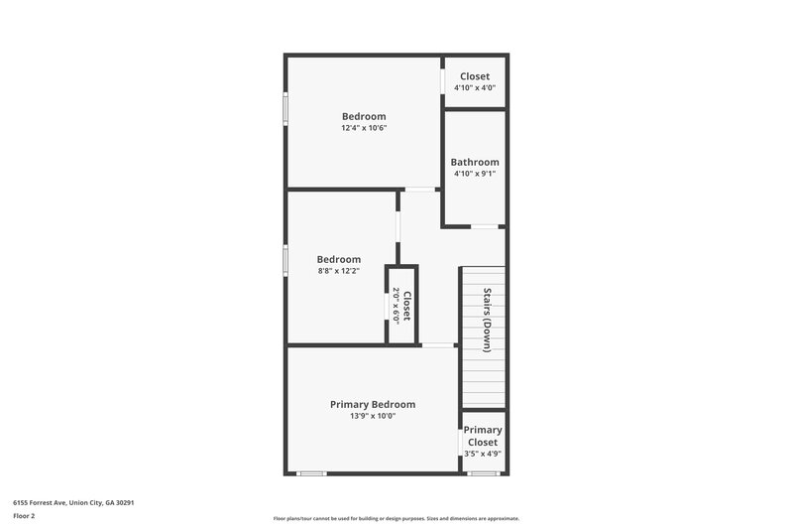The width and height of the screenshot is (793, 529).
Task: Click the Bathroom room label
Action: (475, 162)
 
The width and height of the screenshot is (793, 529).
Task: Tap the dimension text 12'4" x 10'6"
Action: (364, 127)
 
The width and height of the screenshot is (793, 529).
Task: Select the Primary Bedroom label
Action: (373, 404)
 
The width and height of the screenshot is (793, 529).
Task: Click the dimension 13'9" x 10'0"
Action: (373, 416)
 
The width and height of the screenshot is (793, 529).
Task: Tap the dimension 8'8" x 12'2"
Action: (338, 270)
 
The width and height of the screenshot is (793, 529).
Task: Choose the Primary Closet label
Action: (483, 436)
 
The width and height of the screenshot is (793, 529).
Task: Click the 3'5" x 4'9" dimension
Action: (483, 454)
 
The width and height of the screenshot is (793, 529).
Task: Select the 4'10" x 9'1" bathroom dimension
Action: (475, 174)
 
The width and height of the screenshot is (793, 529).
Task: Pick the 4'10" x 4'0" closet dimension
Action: (475, 87)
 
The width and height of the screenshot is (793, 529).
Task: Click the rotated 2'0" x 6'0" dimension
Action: (396, 305)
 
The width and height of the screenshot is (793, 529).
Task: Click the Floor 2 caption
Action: (25, 516)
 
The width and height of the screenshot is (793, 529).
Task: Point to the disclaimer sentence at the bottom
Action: (396, 518)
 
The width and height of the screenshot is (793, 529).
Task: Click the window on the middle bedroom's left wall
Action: (285, 260)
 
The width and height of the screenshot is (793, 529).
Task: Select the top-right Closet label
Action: (475, 75)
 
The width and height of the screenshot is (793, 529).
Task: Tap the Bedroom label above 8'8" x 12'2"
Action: (338, 259)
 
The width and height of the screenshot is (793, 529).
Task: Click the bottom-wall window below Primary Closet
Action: (483, 473)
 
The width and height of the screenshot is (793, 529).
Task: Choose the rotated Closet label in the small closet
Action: (406, 305)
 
